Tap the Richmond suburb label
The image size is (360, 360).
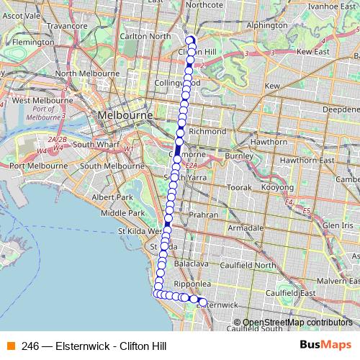(x=207, y=132)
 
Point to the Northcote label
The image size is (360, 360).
(x=203, y=4)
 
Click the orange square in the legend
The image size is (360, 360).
(x=10, y=346)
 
